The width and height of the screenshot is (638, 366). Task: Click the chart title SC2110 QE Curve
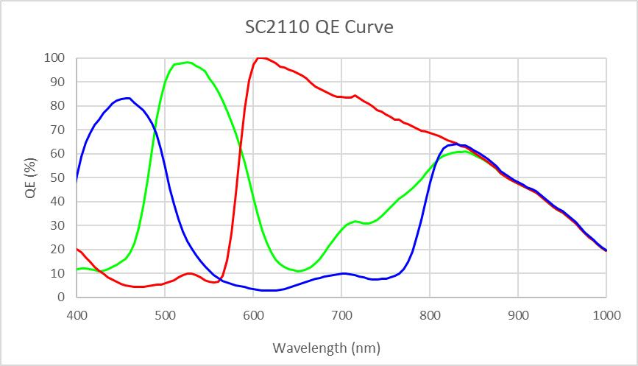319,28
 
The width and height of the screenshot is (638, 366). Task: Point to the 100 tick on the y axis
54,57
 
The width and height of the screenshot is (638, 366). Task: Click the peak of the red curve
259,57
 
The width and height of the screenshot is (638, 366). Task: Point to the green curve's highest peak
188,62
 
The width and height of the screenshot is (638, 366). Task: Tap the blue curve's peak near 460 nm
129,98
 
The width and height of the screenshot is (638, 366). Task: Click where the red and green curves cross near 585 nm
241,151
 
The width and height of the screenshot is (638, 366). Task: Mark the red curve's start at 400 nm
77,249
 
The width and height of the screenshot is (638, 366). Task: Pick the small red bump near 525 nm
189,273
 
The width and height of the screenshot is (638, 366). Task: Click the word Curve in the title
372,28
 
